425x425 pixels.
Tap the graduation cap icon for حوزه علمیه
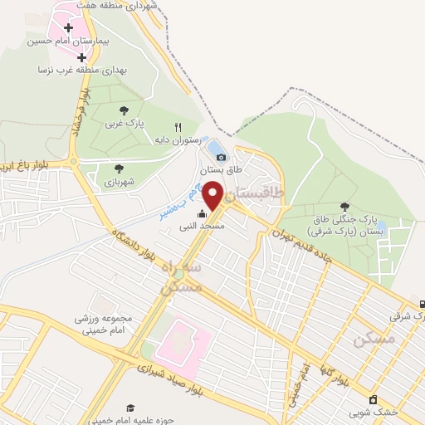[x=129, y=408]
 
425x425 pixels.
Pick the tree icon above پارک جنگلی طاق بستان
[x=344, y=207]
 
